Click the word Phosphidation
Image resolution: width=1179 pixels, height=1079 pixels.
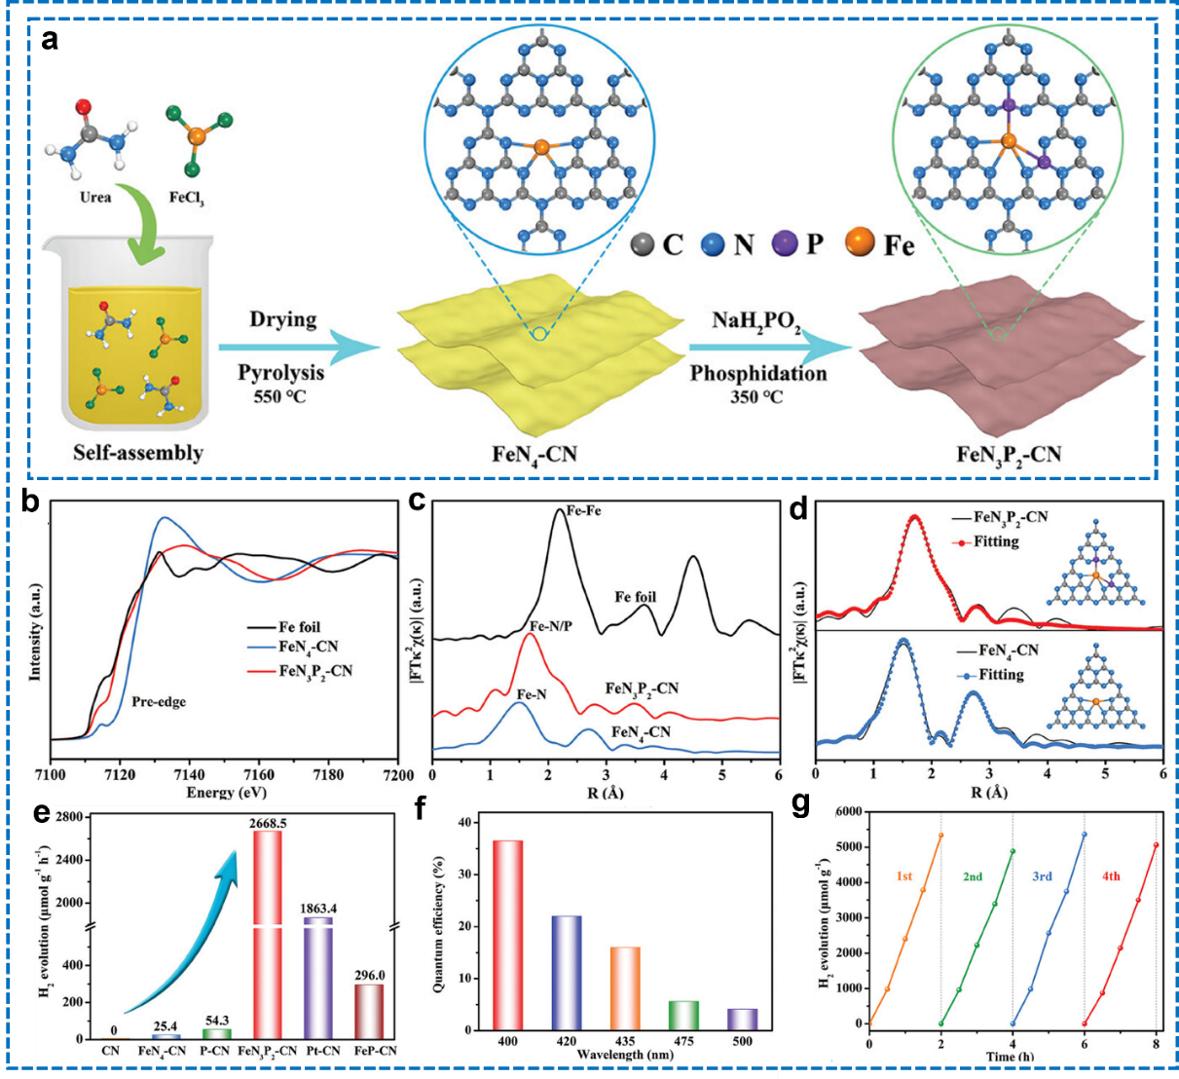757,373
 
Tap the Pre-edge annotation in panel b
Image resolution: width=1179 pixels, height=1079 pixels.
159,701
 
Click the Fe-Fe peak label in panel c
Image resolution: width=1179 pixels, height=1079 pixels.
583,511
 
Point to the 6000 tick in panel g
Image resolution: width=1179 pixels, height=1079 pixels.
850,812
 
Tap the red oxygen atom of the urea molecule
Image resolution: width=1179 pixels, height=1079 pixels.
84,107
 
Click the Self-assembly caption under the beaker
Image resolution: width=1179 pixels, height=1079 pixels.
138,453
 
